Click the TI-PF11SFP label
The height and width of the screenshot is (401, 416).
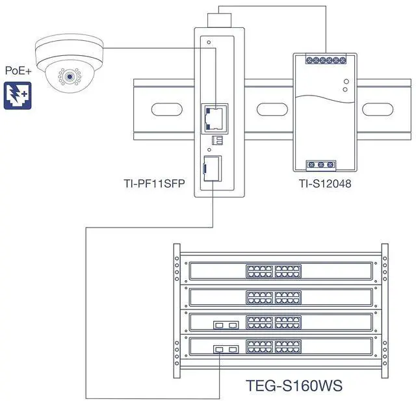pyautogui.click(x=154, y=185)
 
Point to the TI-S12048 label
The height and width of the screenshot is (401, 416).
pyautogui.click(x=325, y=185)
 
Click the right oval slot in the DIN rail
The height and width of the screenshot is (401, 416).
pyautogui.click(x=373, y=107)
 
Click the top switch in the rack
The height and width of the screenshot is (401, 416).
pyautogui.click(x=280, y=271)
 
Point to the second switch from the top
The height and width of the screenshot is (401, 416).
pyautogui.click(x=280, y=296)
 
